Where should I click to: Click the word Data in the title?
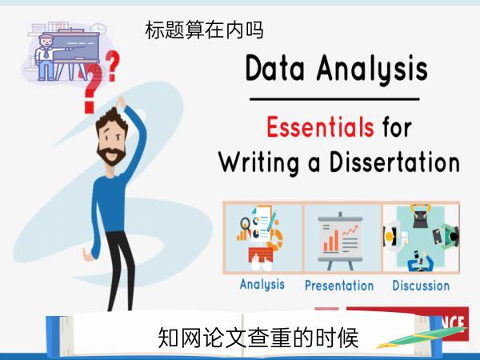click(x=275, y=68)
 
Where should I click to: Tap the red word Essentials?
click(x=320, y=126)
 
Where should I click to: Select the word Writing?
click(x=258, y=162)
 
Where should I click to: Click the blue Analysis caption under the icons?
click(x=262, y=284)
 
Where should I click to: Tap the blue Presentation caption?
click(x=339, y=286)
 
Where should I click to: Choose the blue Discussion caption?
click(x=421, y=286)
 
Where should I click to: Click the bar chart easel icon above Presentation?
click(x=341, y=241)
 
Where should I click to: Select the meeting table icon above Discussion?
click(x=422, y=238)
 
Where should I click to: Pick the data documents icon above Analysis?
click(x=261, y=238)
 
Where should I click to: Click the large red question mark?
click(x=92, y=90)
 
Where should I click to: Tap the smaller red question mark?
click(x=112, y=66)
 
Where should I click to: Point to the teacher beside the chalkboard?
click(x=46, y=58)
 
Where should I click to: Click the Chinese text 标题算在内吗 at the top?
click(x=204, y=30)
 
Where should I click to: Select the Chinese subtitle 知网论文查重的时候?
click(x=258, y=338)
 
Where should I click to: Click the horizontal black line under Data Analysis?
click(x=334, y=99)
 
